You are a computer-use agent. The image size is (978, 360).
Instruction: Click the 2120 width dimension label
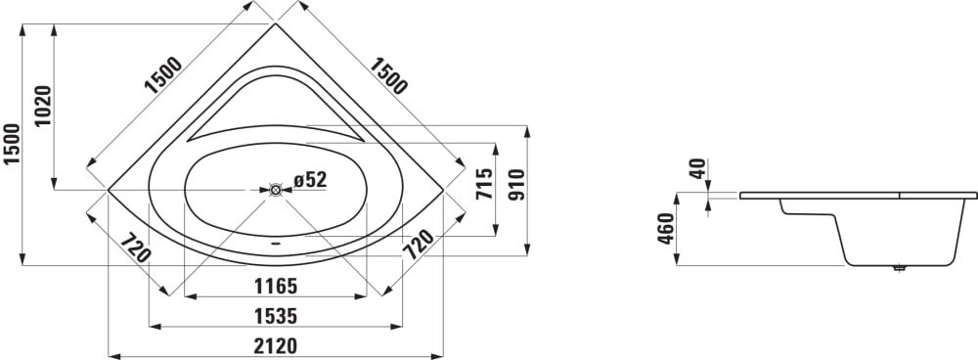pyautogui.click(x=275, y=345)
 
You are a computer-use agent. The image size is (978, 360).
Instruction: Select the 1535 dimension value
pyautogui.click(x=275, y=316)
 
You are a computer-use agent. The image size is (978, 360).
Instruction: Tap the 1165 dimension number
pyautogui.click(x=275, y=287)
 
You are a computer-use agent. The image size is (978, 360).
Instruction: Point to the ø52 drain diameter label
pyautogui.click(x=310, y=180)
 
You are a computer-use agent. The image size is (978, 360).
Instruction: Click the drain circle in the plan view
pyautogui.click(x=276, y=190)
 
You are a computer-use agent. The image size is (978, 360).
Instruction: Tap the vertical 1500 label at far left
pyautogui.click(x=11, y=144)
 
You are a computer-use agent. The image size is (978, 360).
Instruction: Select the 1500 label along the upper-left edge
pyautogui.click(x=163, y=75)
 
